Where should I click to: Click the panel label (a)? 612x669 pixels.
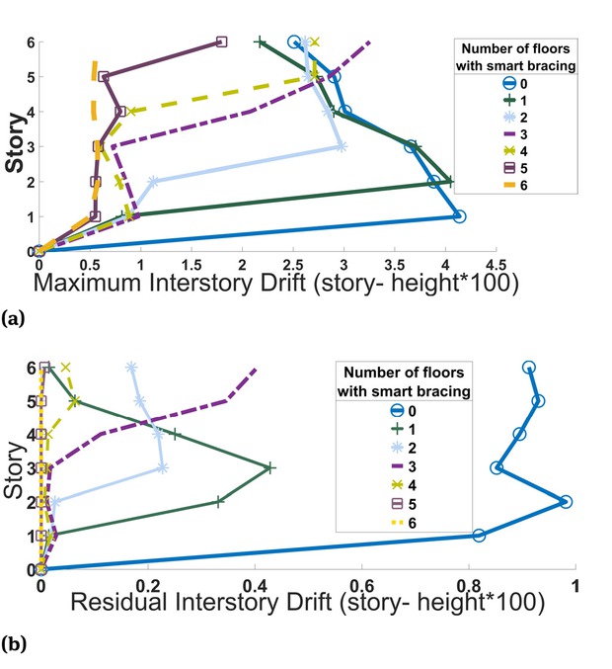13,318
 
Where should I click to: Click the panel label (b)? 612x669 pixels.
13,644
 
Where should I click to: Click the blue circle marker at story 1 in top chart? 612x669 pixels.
458,215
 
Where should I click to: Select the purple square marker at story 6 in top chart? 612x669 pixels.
221,42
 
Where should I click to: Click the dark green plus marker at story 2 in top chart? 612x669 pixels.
449,181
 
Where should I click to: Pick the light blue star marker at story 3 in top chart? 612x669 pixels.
341,146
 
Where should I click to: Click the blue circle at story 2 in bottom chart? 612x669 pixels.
566,502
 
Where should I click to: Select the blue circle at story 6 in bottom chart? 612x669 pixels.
529,368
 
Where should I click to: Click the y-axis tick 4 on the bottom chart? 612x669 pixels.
30,434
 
